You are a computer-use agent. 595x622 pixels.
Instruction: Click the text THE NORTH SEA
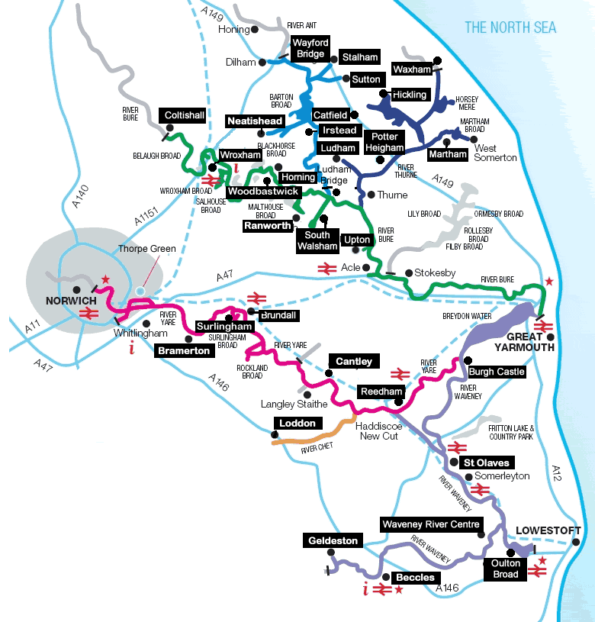pos(510,28)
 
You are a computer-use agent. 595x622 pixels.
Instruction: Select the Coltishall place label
pos(185,115)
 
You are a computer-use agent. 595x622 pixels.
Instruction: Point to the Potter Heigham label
pos(384,142)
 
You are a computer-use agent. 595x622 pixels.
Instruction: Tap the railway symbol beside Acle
pos(327,267)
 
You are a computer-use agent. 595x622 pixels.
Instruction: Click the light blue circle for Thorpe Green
pos(140,291)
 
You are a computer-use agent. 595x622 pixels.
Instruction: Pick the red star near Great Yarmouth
pos(548,282)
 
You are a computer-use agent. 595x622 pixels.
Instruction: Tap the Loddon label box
pos(297,423)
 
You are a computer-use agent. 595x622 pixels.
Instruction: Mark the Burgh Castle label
pos(497,372)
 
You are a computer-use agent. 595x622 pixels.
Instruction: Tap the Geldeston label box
pos(333,540)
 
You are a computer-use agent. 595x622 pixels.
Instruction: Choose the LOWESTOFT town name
pos(548,530)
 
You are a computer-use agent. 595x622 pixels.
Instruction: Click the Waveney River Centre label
pos(431,524)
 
